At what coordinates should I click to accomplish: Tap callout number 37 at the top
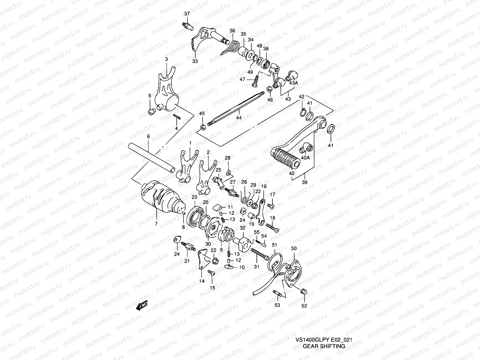(187, 13)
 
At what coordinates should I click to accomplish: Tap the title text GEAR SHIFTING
(324, 346)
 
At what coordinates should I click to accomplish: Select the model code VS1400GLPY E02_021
(324, 340)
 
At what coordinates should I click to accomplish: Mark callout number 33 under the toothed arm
(195, 61)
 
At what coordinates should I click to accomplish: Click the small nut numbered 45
(203, 128)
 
